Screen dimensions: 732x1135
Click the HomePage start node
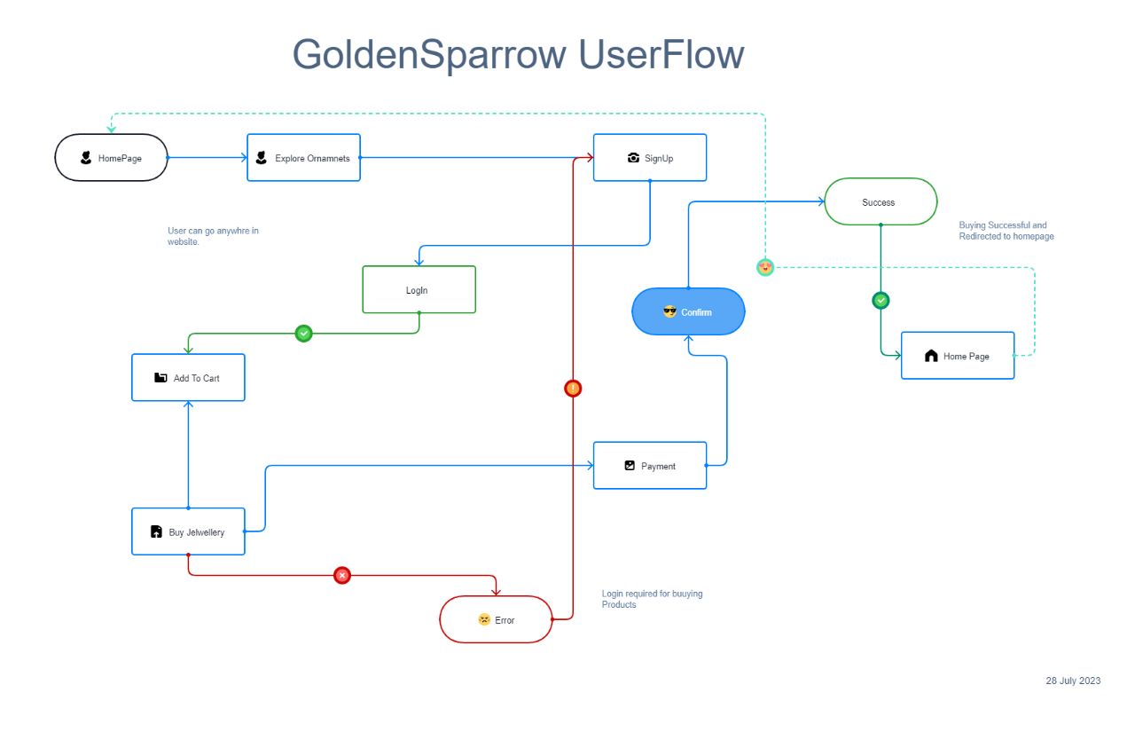pos(111,158)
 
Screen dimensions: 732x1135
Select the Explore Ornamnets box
pos(303,158)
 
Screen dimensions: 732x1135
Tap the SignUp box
pos(650,158)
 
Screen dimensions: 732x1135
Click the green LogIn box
pos(419,290)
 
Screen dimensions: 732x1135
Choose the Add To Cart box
pos(188,378)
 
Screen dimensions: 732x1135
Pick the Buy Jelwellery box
pos(188,532)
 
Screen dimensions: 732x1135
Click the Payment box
pos(650,466)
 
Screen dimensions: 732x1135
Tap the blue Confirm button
pos(688,312)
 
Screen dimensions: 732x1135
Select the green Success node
pos(880,202)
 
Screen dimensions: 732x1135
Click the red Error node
pos(496,619)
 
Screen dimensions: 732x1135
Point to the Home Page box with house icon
pos(958,356)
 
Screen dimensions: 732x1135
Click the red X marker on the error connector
pos(342,576)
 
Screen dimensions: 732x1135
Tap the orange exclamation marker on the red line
pos(574,388)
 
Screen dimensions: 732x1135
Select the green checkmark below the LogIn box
pos(303,334)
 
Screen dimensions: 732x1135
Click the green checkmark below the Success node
pos(881,301)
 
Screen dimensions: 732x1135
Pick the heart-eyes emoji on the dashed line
pos(765,267)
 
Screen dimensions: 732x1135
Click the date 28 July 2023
pos(1073,681)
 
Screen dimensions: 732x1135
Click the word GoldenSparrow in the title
pos(429,55)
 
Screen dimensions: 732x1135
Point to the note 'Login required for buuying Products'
pos(652,599)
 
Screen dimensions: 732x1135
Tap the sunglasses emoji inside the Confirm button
pos(669,311)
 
